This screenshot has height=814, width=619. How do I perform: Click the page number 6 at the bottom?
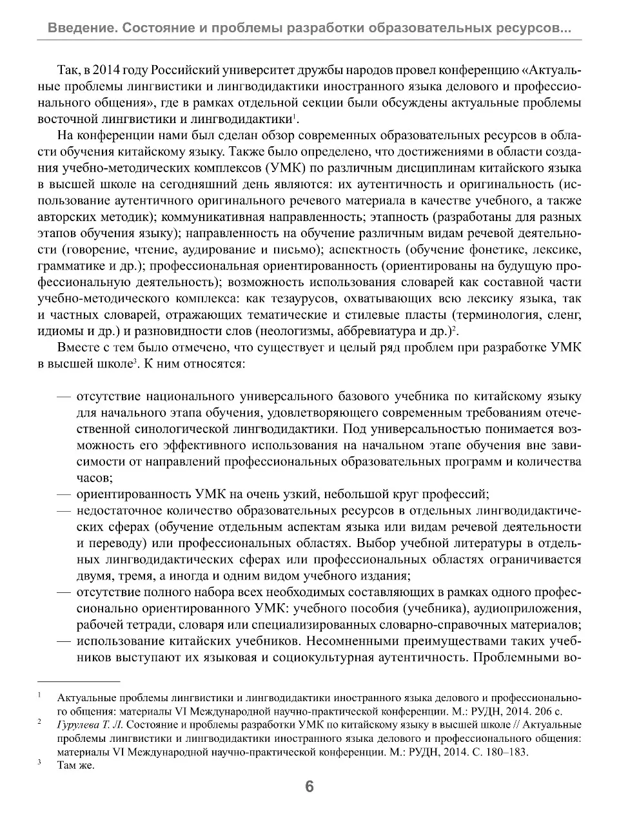309,787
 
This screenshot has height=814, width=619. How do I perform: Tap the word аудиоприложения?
537,608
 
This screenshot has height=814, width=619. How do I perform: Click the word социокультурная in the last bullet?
311,657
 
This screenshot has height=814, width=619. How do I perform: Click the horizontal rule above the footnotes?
79,681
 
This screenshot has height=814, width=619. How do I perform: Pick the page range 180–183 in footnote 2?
506,751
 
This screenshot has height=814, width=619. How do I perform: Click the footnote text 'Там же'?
75,765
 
